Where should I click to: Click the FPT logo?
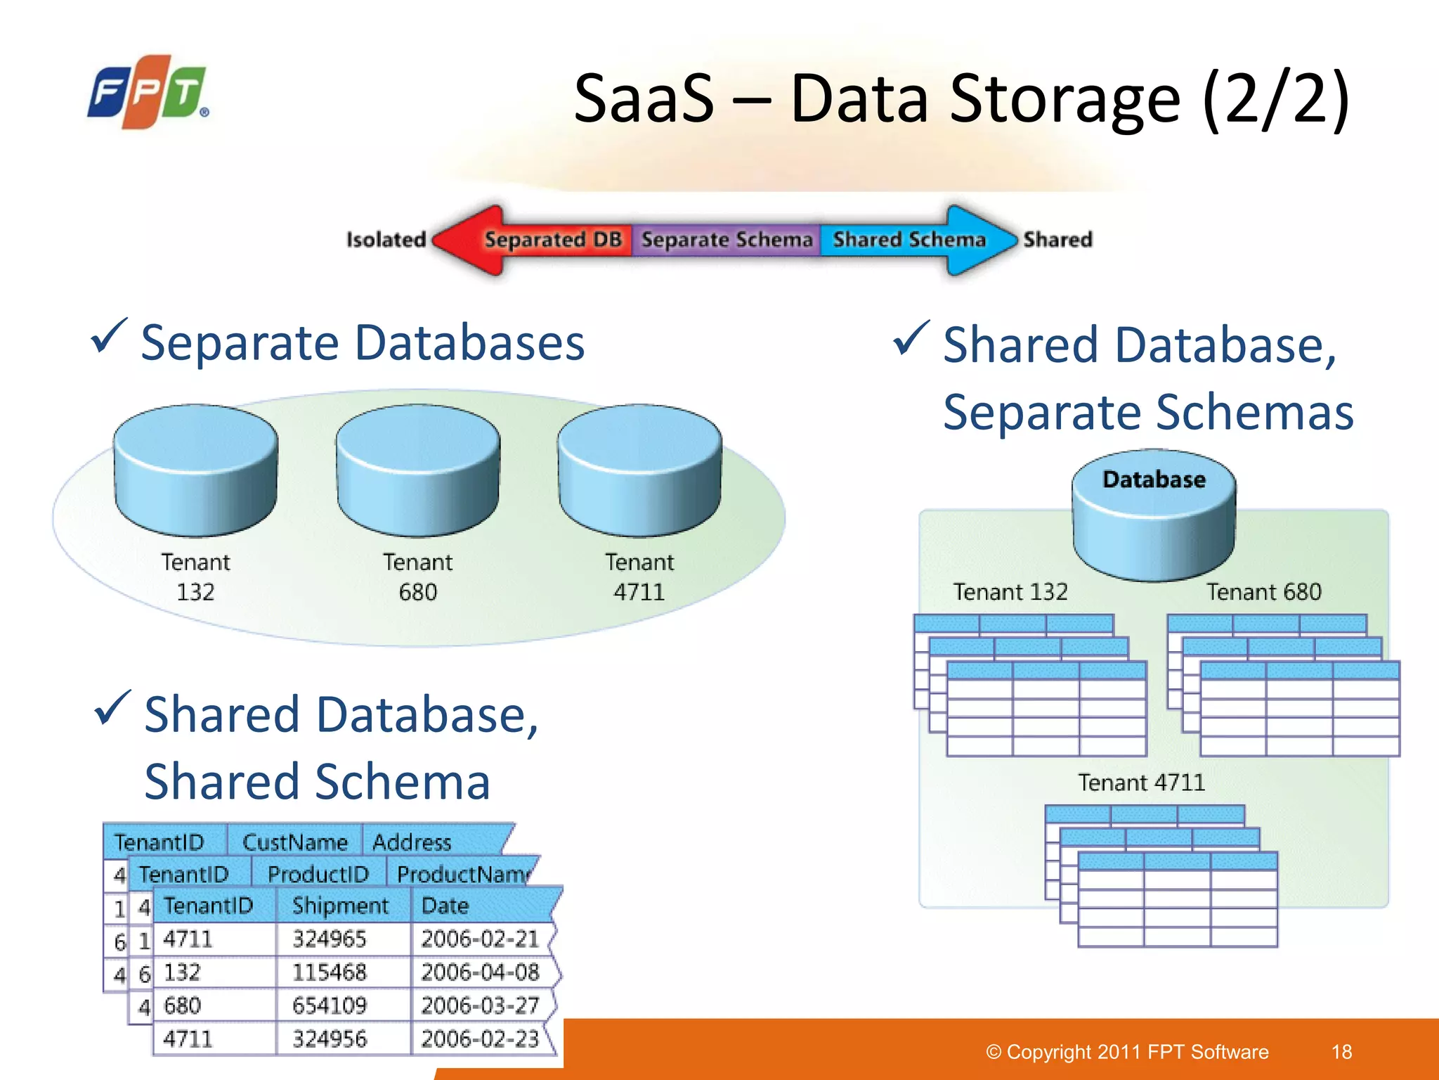tap(148, 92)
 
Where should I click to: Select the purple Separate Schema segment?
tap(727, 240)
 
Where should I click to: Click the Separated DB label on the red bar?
tap(554, 240)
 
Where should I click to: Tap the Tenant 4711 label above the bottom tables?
tap(1141, 783)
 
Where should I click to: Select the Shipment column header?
tap(340, 906)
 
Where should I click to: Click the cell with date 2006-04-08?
tap(480, 972)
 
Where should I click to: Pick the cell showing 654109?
tap(330, 1005)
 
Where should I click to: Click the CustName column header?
tap(295, 842)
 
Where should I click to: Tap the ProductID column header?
tap(318, 874)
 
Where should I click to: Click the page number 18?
tap(1341, 1052)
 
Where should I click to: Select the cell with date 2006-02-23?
tap(480, 1039)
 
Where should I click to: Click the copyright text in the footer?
tap(1127, 1052)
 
